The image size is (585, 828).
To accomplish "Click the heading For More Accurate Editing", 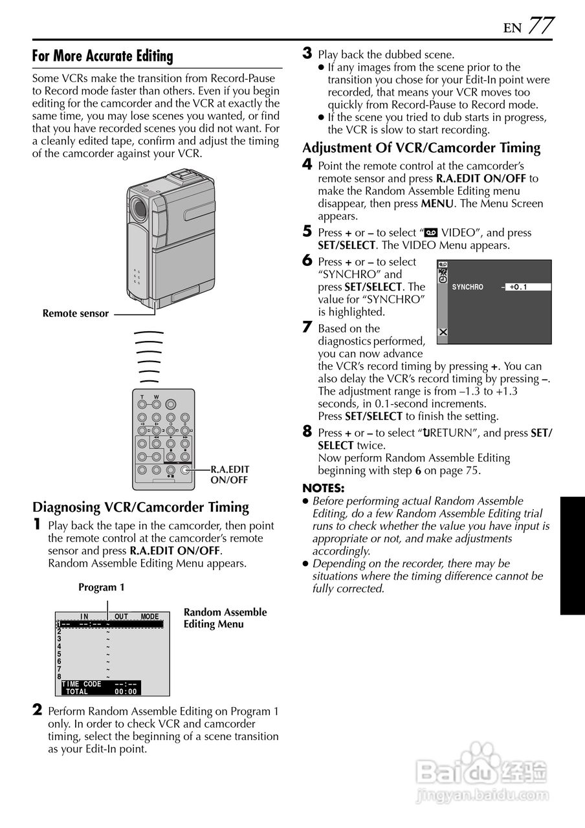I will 102,56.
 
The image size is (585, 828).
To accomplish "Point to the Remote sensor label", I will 76,314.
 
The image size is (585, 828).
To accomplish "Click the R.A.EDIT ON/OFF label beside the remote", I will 230,475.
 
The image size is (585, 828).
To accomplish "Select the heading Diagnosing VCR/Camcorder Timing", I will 140,507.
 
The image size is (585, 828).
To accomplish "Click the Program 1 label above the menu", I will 101,587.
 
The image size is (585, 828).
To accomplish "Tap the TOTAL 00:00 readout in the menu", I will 100,692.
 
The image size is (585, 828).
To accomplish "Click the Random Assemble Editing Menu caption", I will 225,618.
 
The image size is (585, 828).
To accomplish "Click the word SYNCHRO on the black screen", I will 467,287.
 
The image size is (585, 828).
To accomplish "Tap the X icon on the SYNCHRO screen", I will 443,332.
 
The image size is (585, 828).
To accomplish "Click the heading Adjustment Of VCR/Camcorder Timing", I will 421,147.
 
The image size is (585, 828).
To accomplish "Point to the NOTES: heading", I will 324,488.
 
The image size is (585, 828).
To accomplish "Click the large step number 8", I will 307,431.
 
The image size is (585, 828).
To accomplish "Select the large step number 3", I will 308,53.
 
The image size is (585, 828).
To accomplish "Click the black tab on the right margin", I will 572,556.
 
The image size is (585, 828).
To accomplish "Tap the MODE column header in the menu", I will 149,616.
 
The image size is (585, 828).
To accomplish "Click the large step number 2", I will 38,710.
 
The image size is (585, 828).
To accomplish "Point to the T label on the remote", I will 142,397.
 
